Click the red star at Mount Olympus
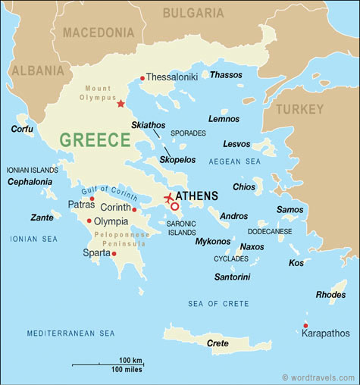click(121, 104)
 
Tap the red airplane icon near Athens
click(168, 199)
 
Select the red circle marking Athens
click(175, 206)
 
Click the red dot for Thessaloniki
click(142, 77)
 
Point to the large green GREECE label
click(95, 140)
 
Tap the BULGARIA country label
click(194, 13)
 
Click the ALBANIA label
click(36, 70)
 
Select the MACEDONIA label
click(98, 33)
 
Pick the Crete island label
click(218, 343)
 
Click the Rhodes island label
click(330, 295)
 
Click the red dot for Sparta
click(114, 254)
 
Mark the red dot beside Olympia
click(89, 221)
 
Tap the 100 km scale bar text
click(131, 359)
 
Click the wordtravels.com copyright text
click(318, 377)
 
